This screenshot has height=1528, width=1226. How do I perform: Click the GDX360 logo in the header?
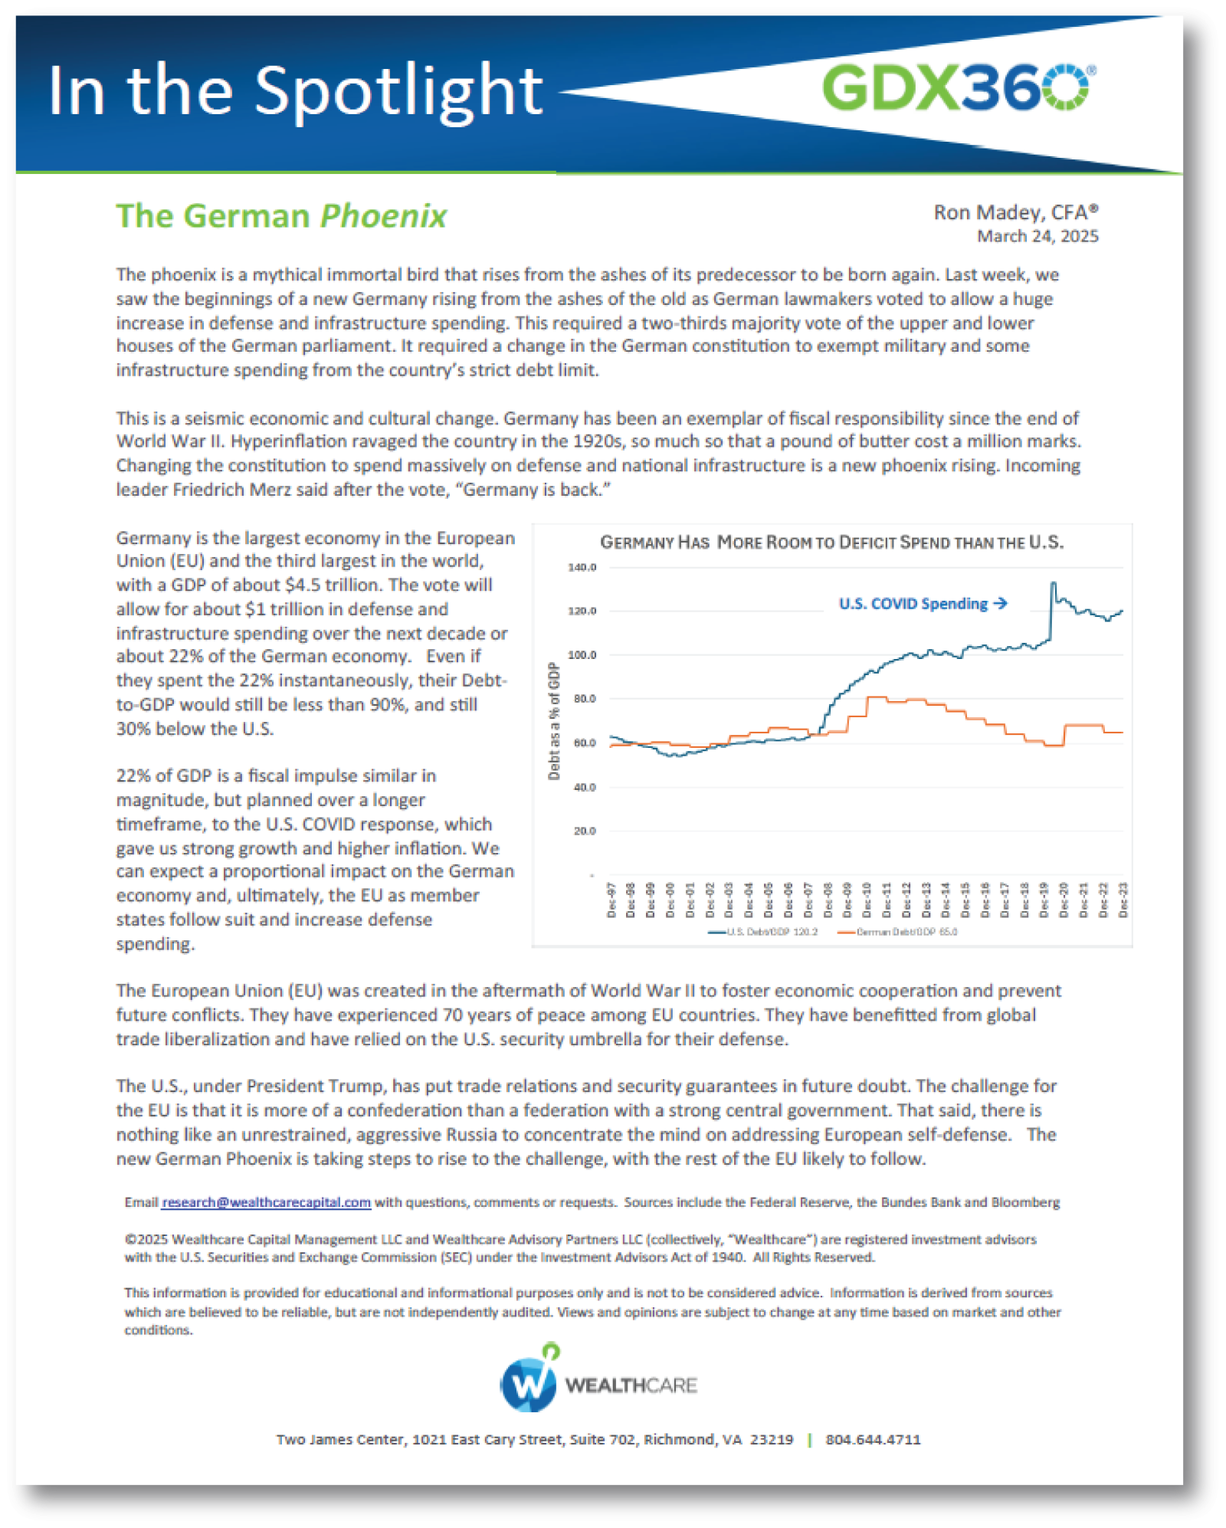coord(958,87)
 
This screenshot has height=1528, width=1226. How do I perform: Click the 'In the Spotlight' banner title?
coord(295,91)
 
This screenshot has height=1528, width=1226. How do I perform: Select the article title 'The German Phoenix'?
coord(281,216)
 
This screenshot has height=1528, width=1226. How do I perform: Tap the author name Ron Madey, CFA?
coord(1015,212)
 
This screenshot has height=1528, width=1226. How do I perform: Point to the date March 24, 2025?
coord(1038,236)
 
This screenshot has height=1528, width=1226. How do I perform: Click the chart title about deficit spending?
coord(831,543)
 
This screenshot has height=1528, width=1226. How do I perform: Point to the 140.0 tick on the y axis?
coord(582,568)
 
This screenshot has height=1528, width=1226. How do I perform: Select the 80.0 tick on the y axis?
coord(584,699)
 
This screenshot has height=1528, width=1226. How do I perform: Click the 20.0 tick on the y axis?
coord(584,831)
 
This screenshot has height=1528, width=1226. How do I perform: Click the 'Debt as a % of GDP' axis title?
coord(554,721)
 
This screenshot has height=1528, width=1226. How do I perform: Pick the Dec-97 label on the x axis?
coord(611,899)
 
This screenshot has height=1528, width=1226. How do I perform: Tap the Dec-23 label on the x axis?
coord(1123,899)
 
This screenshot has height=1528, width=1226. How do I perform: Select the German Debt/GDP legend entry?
coord(898,932)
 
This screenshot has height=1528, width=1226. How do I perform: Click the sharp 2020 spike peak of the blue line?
coord(1054,584)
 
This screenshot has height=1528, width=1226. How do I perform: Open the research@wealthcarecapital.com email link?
coord(267,1202)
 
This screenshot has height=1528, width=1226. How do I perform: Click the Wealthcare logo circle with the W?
coord(529,1385)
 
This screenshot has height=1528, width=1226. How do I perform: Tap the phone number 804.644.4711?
coord(873,1440)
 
